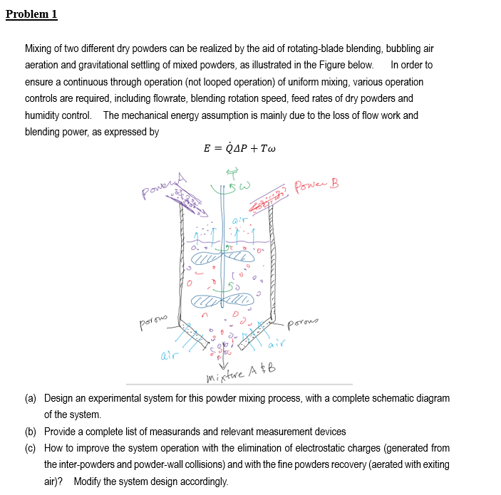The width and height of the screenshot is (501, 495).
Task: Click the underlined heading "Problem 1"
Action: click(31, 14)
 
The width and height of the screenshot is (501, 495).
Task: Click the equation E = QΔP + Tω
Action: click(239, 149)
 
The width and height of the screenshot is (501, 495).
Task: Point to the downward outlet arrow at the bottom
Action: click(226, 358)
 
